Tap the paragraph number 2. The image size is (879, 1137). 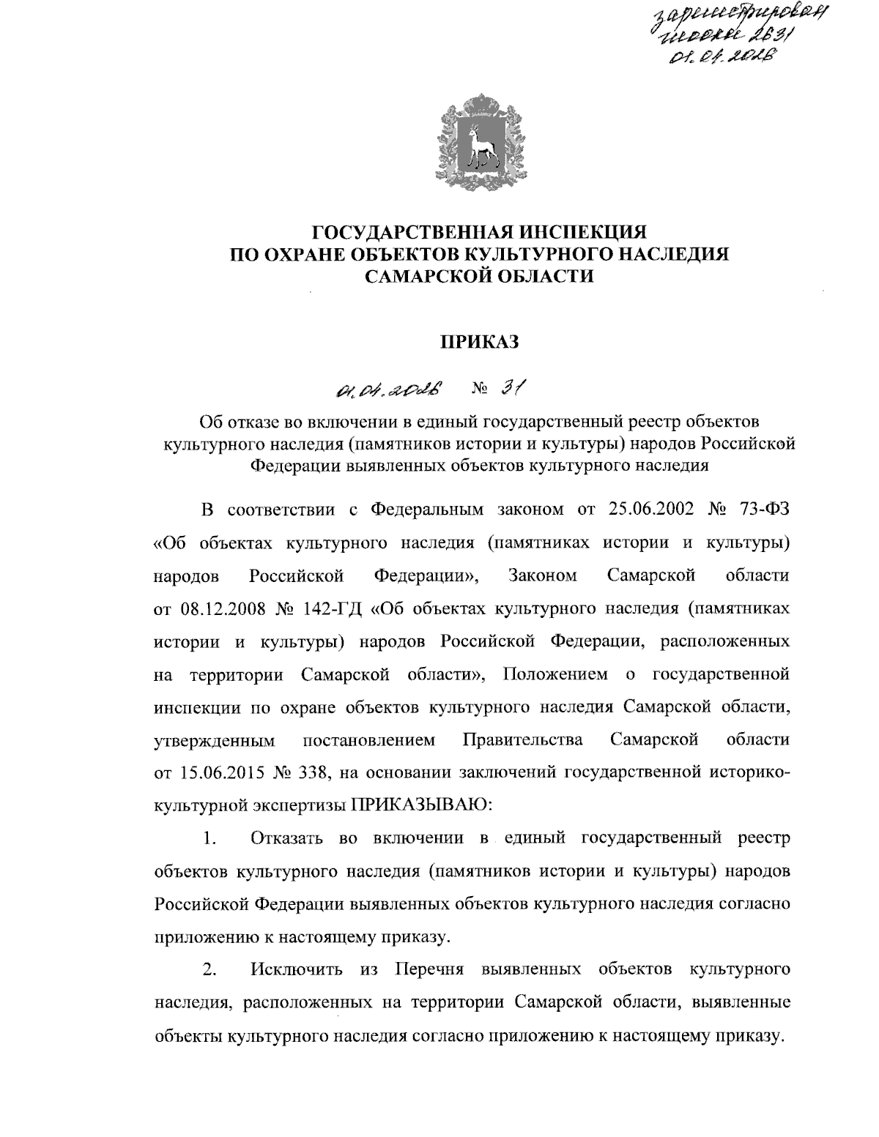209,971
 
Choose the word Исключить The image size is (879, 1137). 296,971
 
